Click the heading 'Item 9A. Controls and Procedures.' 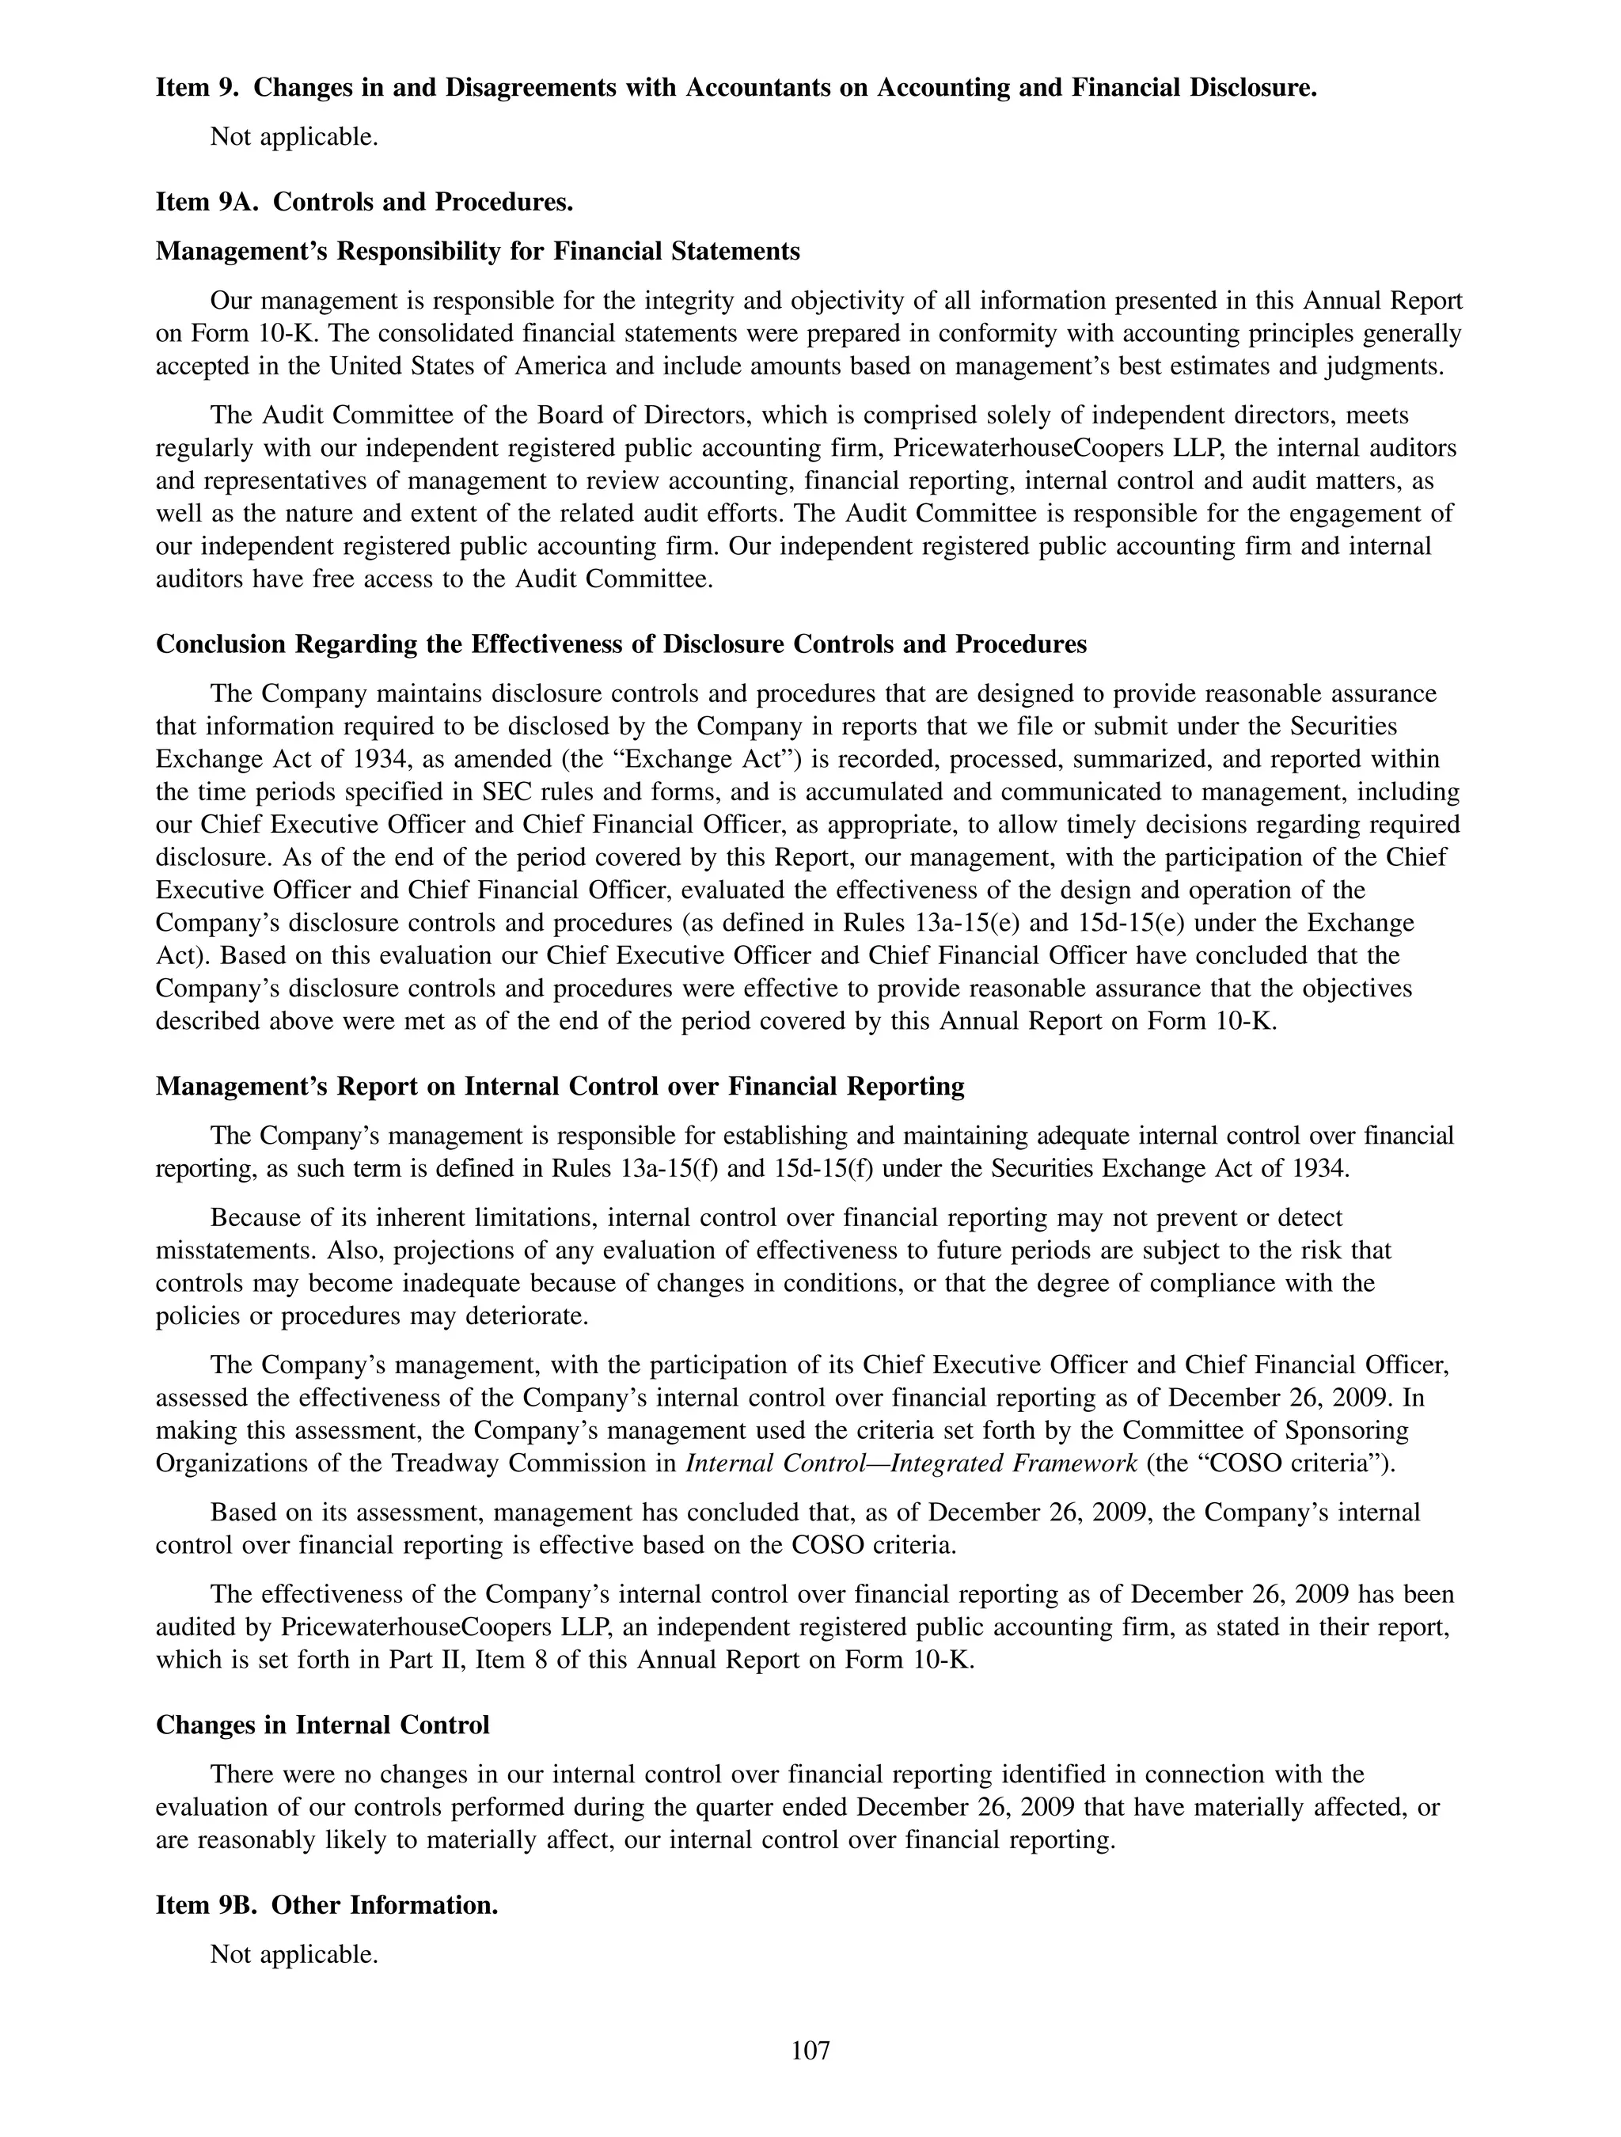coord(364,202)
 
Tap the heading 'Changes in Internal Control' coord(323,1725)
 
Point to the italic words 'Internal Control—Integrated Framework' coord(911,1463)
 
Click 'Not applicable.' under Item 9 coord(294,137)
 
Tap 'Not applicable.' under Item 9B coord(294,1954)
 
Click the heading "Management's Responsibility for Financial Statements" coord(477,251)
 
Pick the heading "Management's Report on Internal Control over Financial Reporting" coord(560,1086)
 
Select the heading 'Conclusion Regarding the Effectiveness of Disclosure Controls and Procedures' coord(621,643)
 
